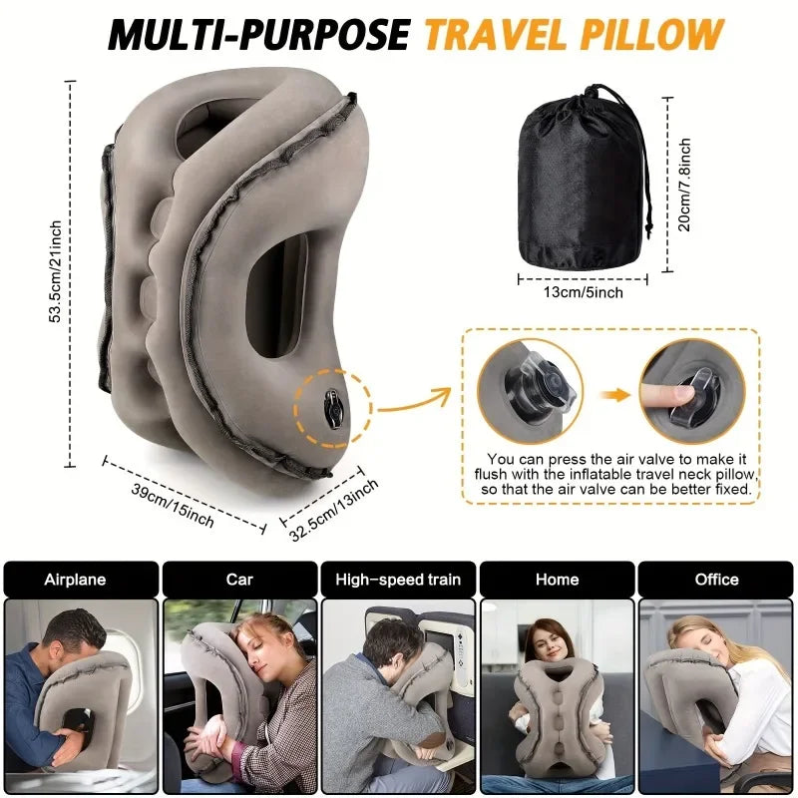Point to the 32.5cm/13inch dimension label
point(333,508)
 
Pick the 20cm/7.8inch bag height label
point(684,185)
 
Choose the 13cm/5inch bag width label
point(584,292)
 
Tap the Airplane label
point(75,579)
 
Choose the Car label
point(239,579)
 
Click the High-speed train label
point(398,579)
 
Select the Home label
point(557,579)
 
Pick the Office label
point(716,579)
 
